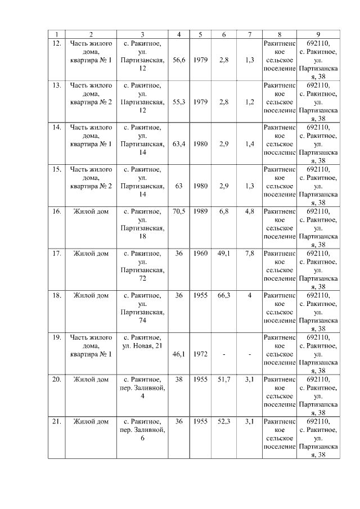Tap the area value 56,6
[x=179, y=60]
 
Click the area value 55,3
[x=179, y=102]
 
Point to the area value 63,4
[x=179, y=144]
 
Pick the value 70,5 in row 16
[x=179, y=211]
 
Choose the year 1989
[x=200, y=211]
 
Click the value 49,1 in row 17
[x=224, y=254]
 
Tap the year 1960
[x=200, y=254]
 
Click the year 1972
[x=200, y=354]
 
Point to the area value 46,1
[x=179, y=354]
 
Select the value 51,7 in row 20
[x=224, y=380]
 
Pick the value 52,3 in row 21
[x=224, y=421]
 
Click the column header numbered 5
[x=200, y=34]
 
